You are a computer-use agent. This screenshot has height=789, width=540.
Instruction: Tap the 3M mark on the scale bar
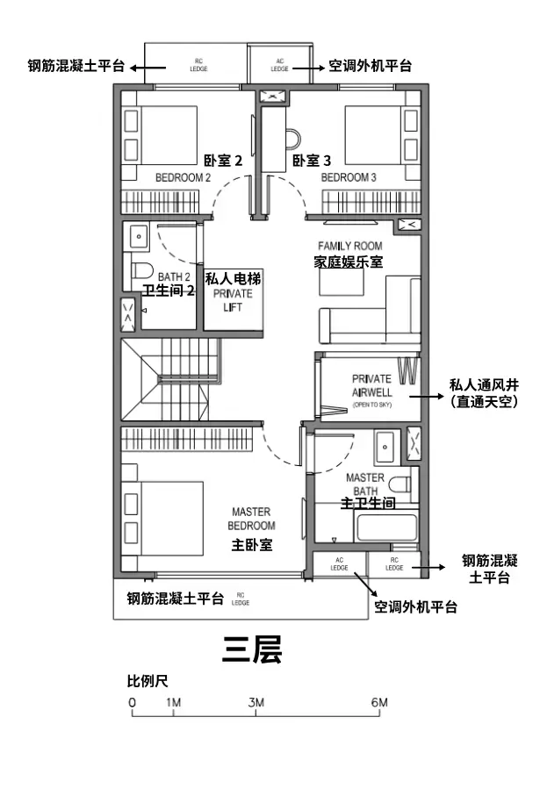pyautogui.click(x=256, y=703)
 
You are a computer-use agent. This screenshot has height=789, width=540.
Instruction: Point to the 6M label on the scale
pyautogui.click(x=379, y=703)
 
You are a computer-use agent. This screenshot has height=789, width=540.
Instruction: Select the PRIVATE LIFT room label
pyautogui.click(x=233, y=300)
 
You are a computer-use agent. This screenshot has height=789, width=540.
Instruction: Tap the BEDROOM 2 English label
pyautogui.click(x=183, y=177)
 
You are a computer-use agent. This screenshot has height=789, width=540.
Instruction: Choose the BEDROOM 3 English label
pyautogui.click(x=349, y=177)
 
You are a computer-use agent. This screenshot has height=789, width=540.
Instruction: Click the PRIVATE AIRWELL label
pyautogui.click(x=371, y=385)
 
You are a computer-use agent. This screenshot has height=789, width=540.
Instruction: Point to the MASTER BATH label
pyautogui.click(x=364, y=484)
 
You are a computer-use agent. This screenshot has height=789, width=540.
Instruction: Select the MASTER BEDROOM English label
pyautogui.click(x=251, y=518)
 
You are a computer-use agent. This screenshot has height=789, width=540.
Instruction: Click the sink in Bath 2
pyautogui.click(x=139, y=235)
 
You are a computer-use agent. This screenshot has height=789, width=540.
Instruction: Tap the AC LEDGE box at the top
pyautogui.click(x=279, y=64)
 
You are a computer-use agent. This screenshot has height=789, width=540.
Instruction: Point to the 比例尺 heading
pyautogui.click(x=148, y=681)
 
